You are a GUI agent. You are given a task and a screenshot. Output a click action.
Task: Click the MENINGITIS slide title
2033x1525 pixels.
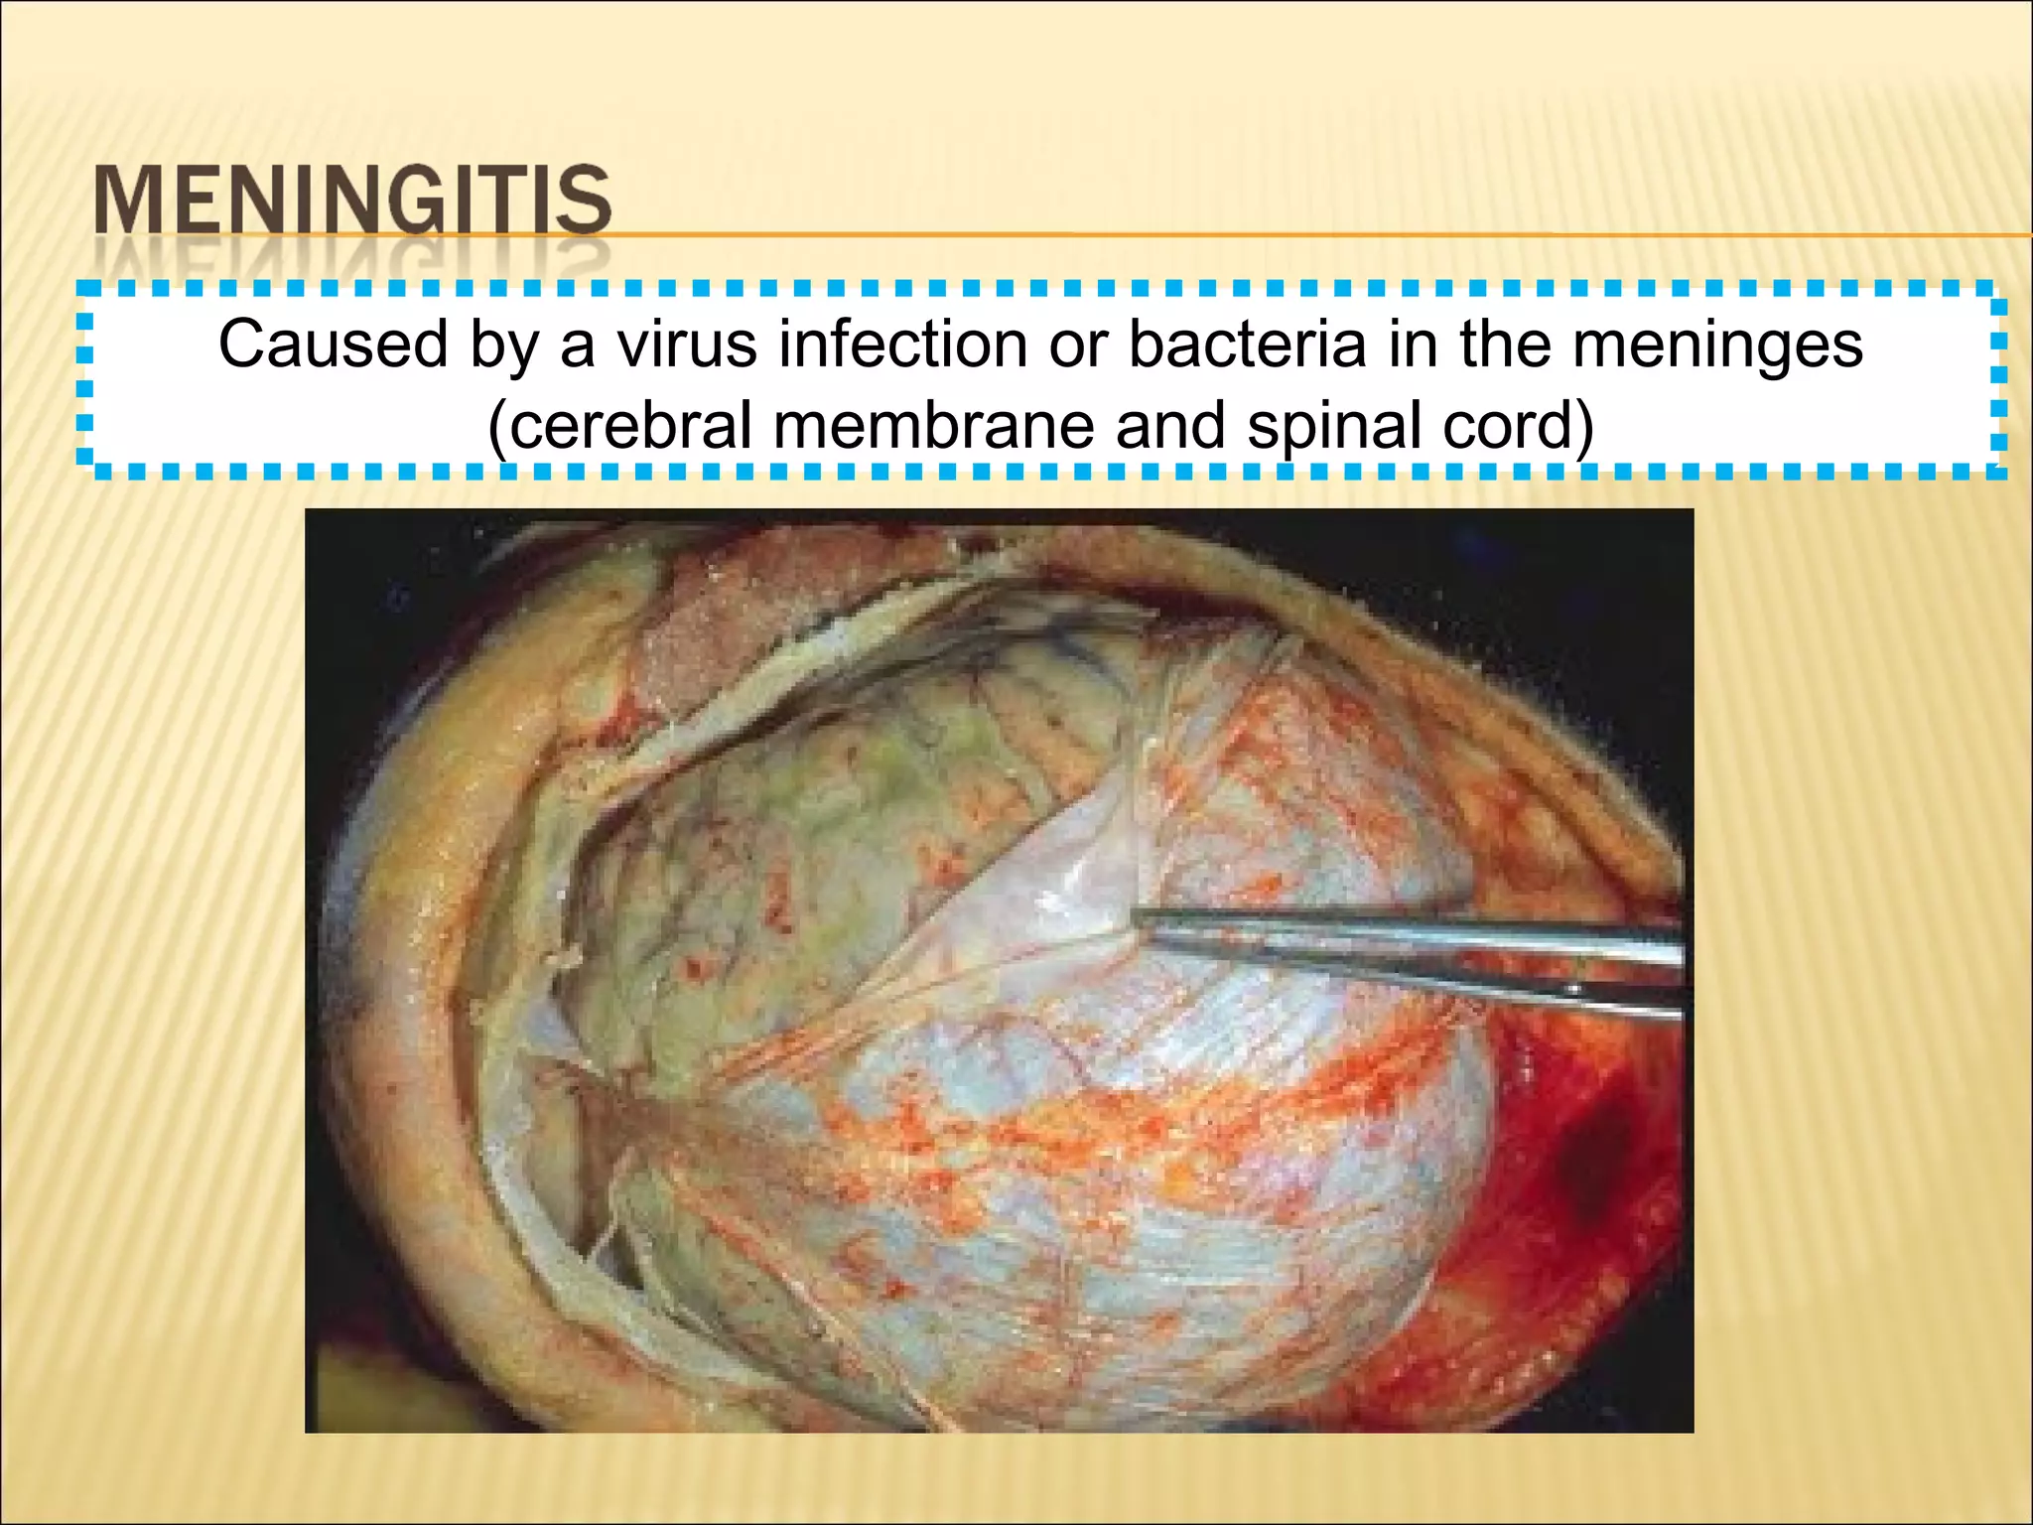click(352, 201)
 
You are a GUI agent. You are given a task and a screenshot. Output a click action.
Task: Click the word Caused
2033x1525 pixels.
click(334, 345)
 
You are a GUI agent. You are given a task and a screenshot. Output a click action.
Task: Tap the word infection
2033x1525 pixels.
click(902, 345)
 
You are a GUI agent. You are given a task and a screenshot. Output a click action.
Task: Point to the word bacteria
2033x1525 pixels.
click(1247, 345)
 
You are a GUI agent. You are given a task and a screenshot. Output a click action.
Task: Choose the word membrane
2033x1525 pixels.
click(933, 426)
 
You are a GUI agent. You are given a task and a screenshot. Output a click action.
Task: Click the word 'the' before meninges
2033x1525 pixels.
click(1505, 345)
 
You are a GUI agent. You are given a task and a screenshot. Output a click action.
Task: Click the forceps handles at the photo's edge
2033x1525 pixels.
click(1638, 973)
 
